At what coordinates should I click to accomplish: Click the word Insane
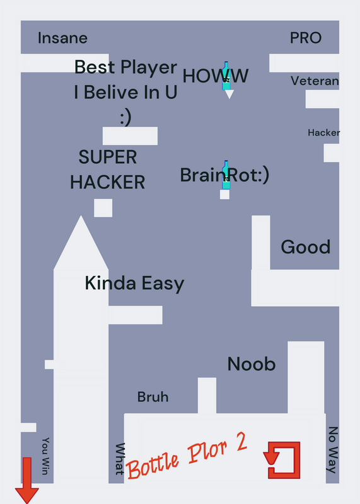coord(62,38)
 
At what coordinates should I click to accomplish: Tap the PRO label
coord(306,38)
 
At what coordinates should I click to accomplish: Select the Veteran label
coord(315,81)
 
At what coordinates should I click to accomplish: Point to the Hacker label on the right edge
coord(323,132)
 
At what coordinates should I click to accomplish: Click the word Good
coord(306,247)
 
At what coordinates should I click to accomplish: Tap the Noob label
coord(252,364)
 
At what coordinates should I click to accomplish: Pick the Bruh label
coord(153,397)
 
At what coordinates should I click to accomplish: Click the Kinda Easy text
coord(134,283)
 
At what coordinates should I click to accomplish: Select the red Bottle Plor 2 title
coord(187,455)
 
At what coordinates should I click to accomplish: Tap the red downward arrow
coord(27,480)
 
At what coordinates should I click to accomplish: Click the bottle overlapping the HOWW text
coord(226,76)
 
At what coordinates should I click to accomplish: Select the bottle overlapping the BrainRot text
coord(226,175)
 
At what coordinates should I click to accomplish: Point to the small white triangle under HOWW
coord(229,94)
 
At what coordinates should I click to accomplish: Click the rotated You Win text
coord(45,455)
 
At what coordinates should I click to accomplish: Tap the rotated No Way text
coord(333,450)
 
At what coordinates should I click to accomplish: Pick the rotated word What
coord(120,459)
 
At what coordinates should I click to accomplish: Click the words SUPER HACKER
coord(107,169)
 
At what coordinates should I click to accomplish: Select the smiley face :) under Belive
coord(126,117)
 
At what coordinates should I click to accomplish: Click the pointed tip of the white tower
coord(81,216)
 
